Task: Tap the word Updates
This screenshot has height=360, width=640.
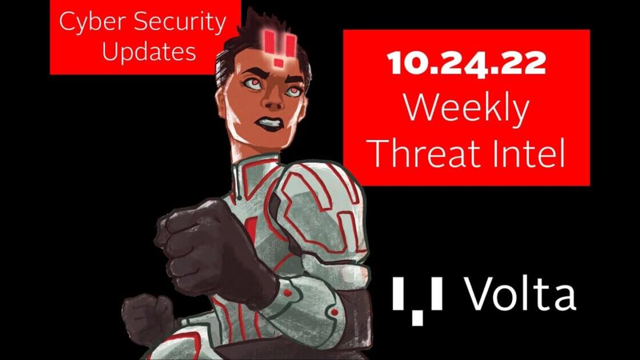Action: [x=149, y=52]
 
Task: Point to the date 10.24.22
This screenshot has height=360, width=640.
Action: [x=466, y=63]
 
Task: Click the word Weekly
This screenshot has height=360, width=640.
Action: [x=466, y=109]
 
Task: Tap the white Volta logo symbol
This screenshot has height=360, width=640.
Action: [x=418, y=301]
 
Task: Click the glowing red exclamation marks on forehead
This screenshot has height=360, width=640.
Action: [x=279, y=47]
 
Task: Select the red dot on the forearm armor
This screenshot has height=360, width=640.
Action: [x=288, y=293]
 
